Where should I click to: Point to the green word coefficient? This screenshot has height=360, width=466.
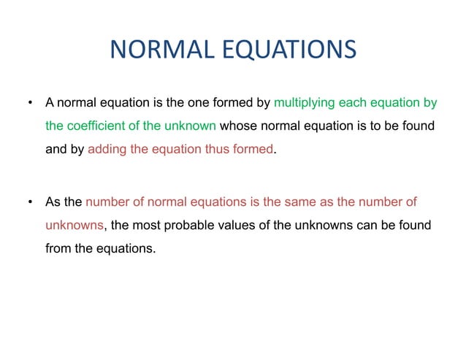tap(93, 126)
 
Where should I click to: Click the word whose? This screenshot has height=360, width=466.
tap(238, 126)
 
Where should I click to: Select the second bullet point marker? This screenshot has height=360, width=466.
tap(30, 201)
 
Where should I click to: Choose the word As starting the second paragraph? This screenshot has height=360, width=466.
tap(54, 201)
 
